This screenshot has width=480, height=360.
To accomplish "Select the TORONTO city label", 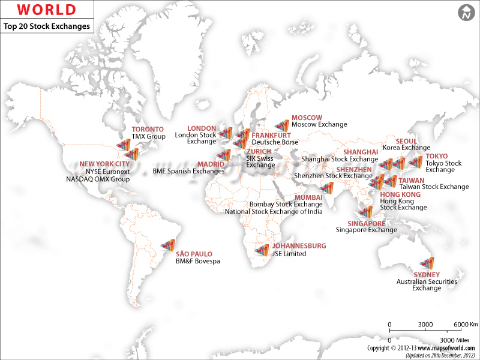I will pyautogui.click(x=148, y=129).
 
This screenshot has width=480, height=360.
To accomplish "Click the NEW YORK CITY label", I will pyautogui.click(x=104, y=164).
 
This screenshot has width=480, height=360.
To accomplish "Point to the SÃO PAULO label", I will pyautogui.click(x=193, y=254).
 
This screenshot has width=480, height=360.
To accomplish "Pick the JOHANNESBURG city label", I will pyautogui.click(x=299, y=246).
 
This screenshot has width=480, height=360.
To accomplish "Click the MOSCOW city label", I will pyautogui.click(x=307, y=117).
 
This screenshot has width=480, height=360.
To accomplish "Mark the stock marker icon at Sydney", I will pyautogui.click(x=427, y=262).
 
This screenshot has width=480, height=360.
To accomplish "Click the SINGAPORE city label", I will pyautogui.click(x=358, y=223).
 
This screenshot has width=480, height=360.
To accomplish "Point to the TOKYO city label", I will pyautogui.click(x=436, y=156).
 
